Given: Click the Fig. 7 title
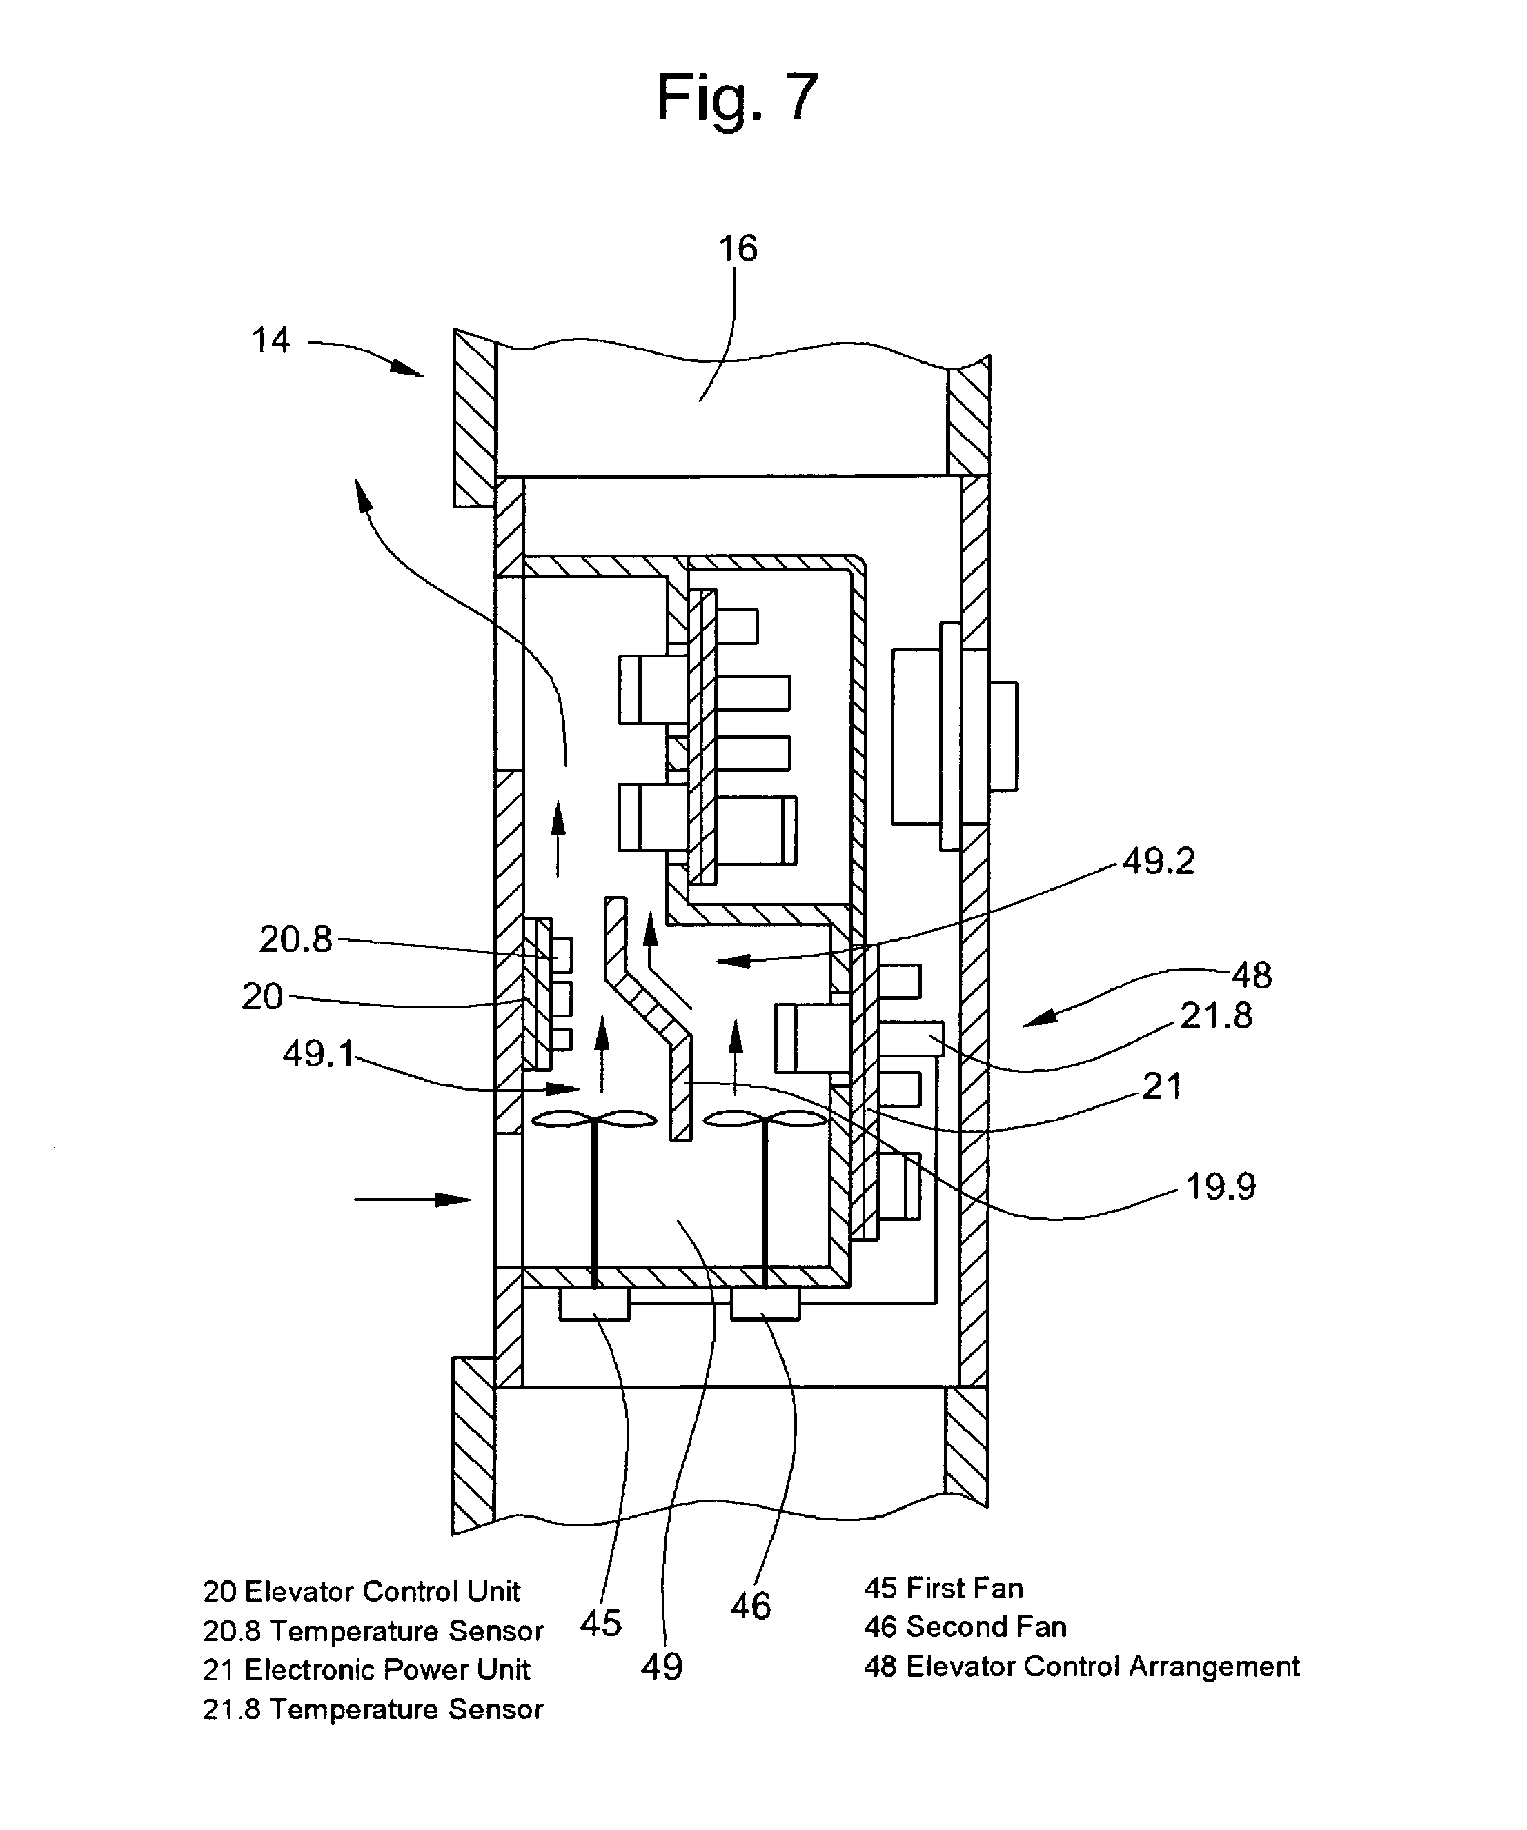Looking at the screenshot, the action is [x=738, y=97].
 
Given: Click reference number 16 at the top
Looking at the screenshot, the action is [x=738, y=249].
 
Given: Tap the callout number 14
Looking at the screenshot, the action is [x=270, y=340].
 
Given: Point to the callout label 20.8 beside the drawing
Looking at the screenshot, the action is [x=295, y=939].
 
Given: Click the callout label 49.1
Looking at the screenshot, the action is [x=318, y=1055].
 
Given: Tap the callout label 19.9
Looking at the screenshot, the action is [x=1220, y=1187].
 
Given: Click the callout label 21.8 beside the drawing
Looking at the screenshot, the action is [x=1216, y=1016].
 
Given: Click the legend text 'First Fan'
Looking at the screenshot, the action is [x=965, y=1588].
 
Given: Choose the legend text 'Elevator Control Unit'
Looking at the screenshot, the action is [x=382, y=1591].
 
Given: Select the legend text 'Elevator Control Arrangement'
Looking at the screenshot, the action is [x=1103, y=1666].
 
